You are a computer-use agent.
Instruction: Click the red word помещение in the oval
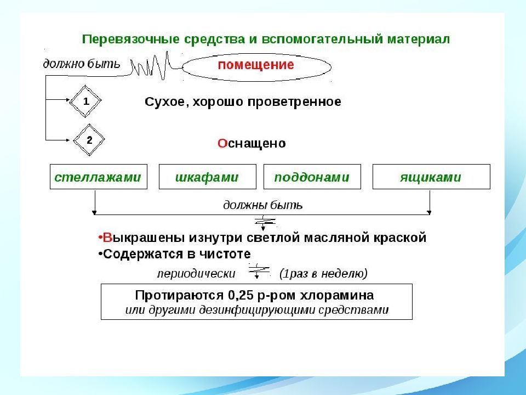(x=256, y=65)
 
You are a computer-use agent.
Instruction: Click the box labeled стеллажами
(x=98, y=177)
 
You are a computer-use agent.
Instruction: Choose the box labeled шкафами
(x=207, y=177)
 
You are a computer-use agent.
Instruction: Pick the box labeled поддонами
(x=312, y=177)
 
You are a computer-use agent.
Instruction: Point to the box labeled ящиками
(x=431, y=177)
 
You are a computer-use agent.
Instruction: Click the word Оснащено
(x=251, y=143)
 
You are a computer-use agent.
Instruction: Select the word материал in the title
(x=418, y=39)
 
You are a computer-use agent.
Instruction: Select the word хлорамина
(x=336, y=295)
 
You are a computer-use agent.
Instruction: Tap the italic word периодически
(x=196, y=274)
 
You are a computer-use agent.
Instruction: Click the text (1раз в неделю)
(x=323, y=274)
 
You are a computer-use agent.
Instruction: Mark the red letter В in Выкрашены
(x=107, y=238)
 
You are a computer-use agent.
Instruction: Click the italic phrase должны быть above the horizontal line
(x=263, y=205)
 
